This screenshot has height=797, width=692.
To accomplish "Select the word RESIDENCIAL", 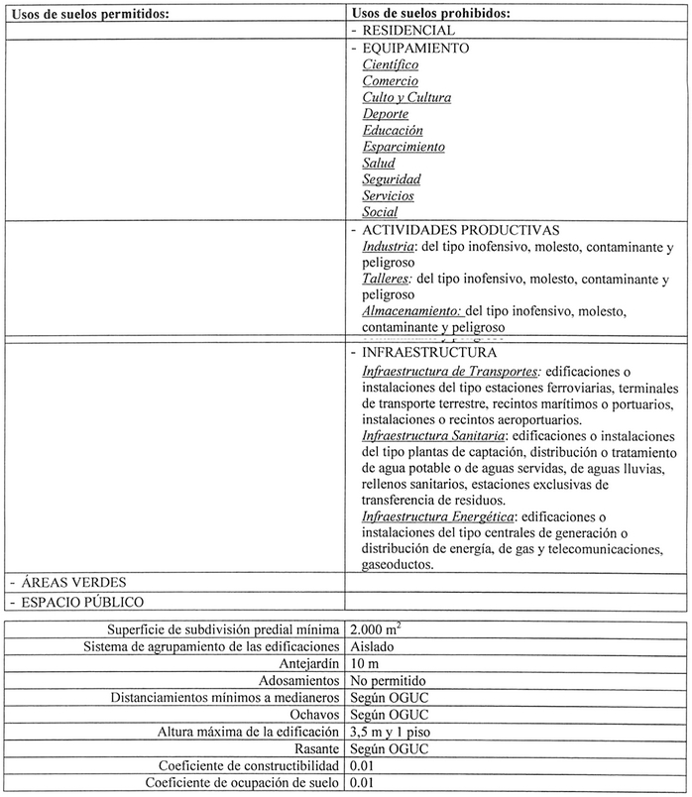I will [402, 31].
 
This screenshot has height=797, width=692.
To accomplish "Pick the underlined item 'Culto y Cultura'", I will [406, 97].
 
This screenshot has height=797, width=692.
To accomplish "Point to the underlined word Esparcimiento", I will [404, 147].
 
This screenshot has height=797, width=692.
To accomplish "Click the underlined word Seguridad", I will [392, 179].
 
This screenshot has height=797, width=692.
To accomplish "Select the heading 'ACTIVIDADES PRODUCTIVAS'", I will [447, 229].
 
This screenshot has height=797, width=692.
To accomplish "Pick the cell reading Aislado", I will [371, 647].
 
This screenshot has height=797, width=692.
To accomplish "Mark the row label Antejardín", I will [301, 664].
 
